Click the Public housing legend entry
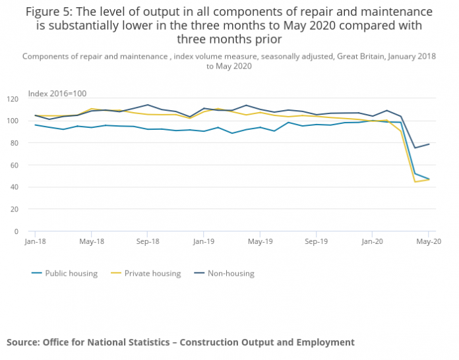[x=71, y=273]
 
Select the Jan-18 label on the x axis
[x=35, y=241]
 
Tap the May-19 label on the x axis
[x=260, y=241]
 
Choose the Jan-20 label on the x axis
[x=372, y=241]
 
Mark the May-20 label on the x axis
[x=429, y=241]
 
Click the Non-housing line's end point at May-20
[x=429, y=144]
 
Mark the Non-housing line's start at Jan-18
[x=35, y=115]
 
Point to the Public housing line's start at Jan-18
[x=35, y=125]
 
